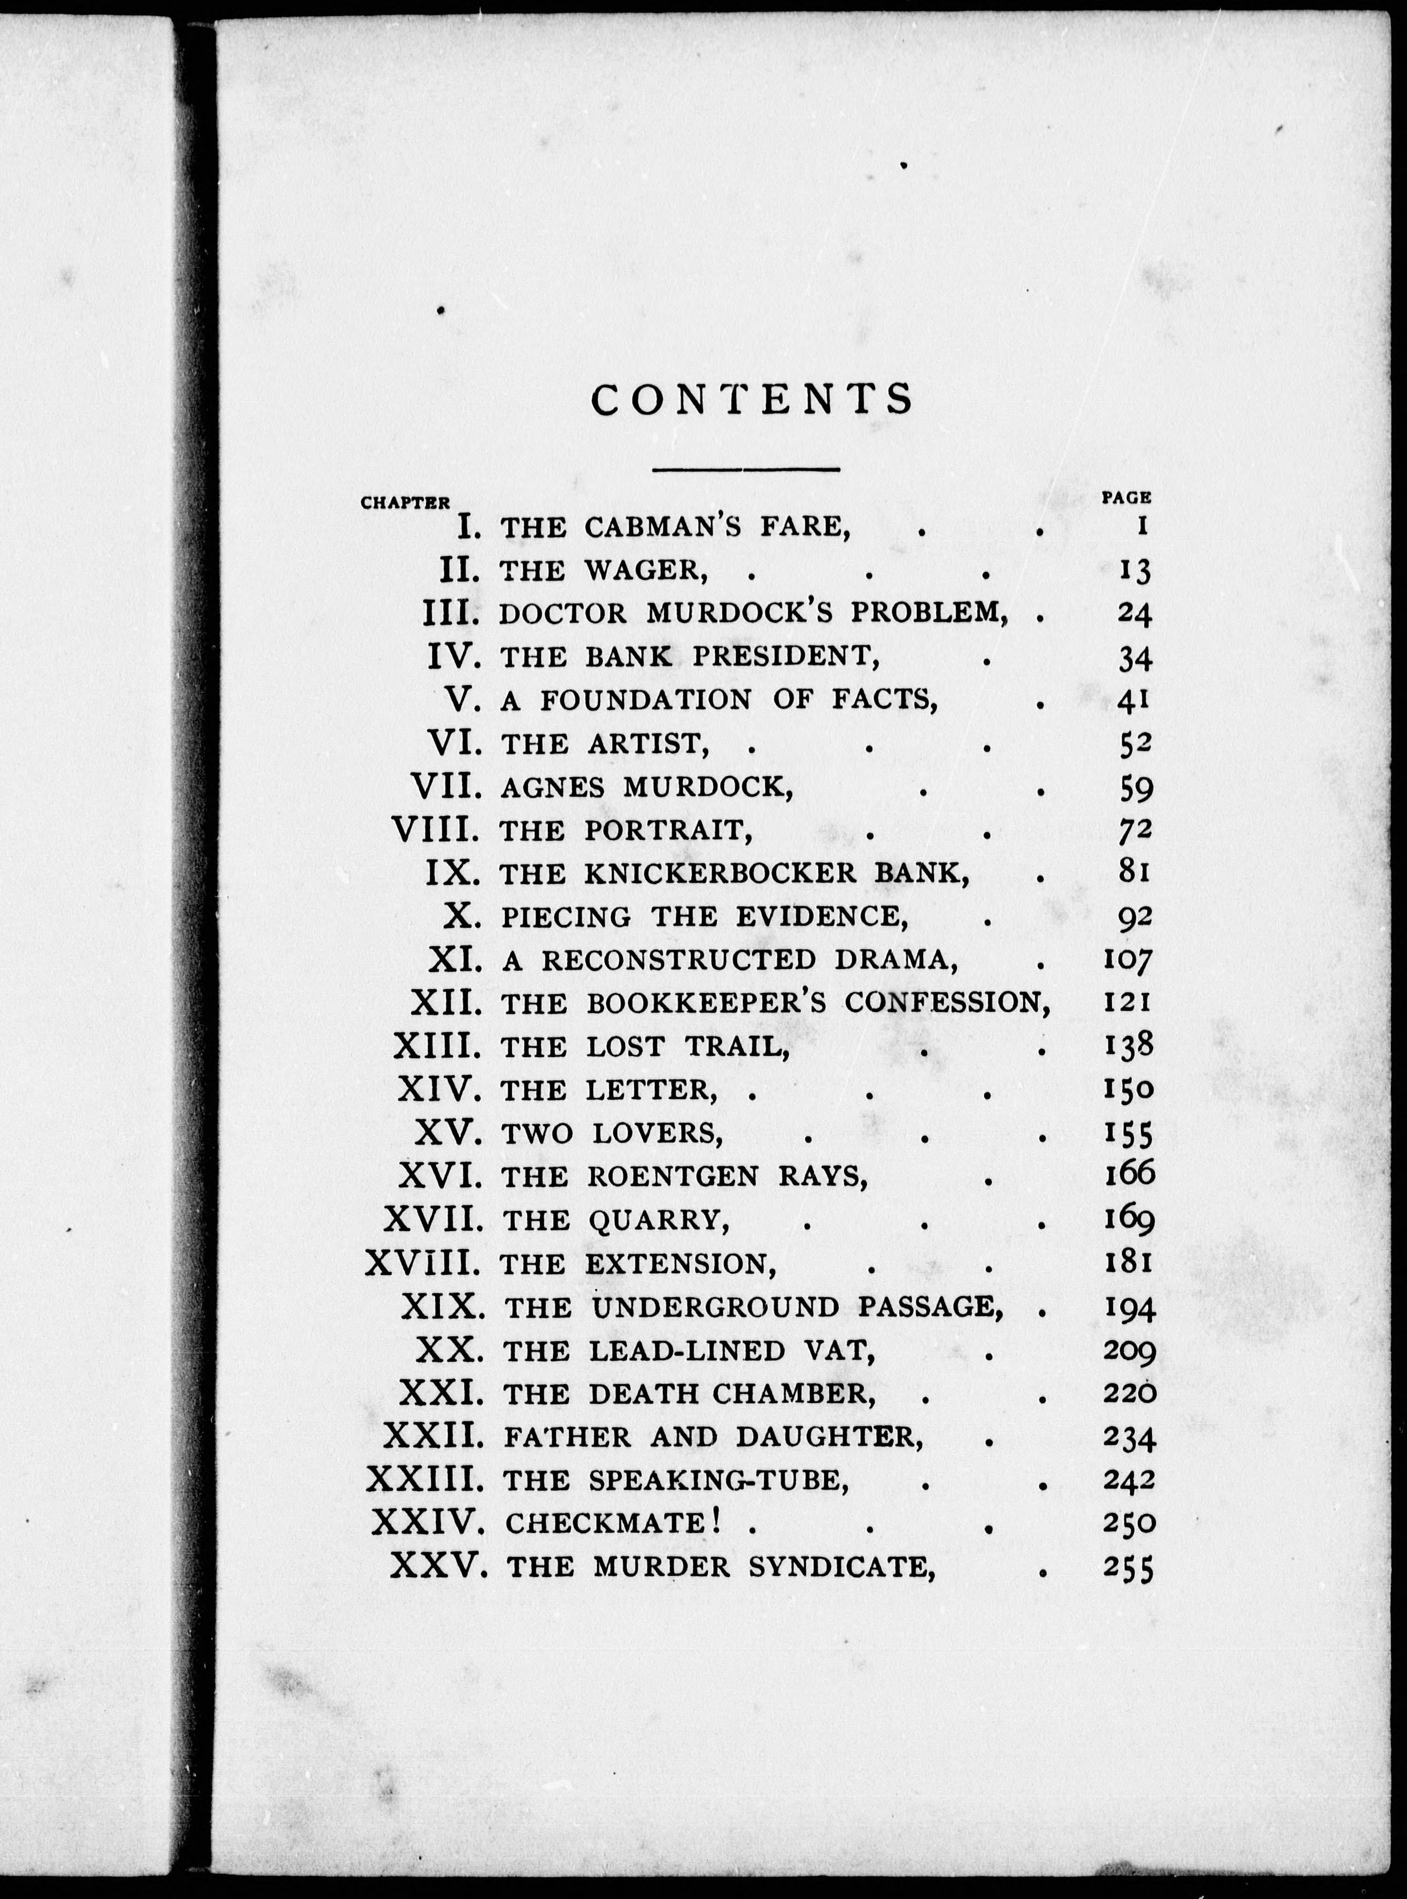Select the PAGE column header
click(x=1126, y=496)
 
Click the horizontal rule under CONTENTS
click(x=746, y=468)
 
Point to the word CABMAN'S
click(x=665, y=528)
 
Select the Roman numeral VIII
click(x=436, y=829)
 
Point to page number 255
click(x=1128, y=1568)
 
